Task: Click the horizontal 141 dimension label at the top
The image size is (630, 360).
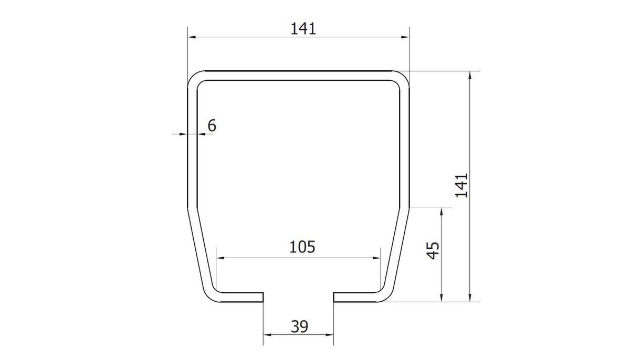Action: [303, 29]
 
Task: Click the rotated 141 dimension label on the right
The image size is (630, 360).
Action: [461, 186]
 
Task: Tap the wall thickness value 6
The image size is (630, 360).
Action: [212, 125]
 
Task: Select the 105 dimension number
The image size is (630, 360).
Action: [302, 247]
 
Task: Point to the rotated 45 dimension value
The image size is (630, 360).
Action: [433, 250]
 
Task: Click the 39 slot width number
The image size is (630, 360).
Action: [300, 326]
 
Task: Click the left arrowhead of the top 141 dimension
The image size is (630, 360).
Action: [192, 37]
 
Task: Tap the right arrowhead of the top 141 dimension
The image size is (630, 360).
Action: [405, 37]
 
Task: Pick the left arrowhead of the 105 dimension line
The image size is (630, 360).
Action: [220, 258]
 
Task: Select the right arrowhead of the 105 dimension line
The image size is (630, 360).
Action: [376, 258]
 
